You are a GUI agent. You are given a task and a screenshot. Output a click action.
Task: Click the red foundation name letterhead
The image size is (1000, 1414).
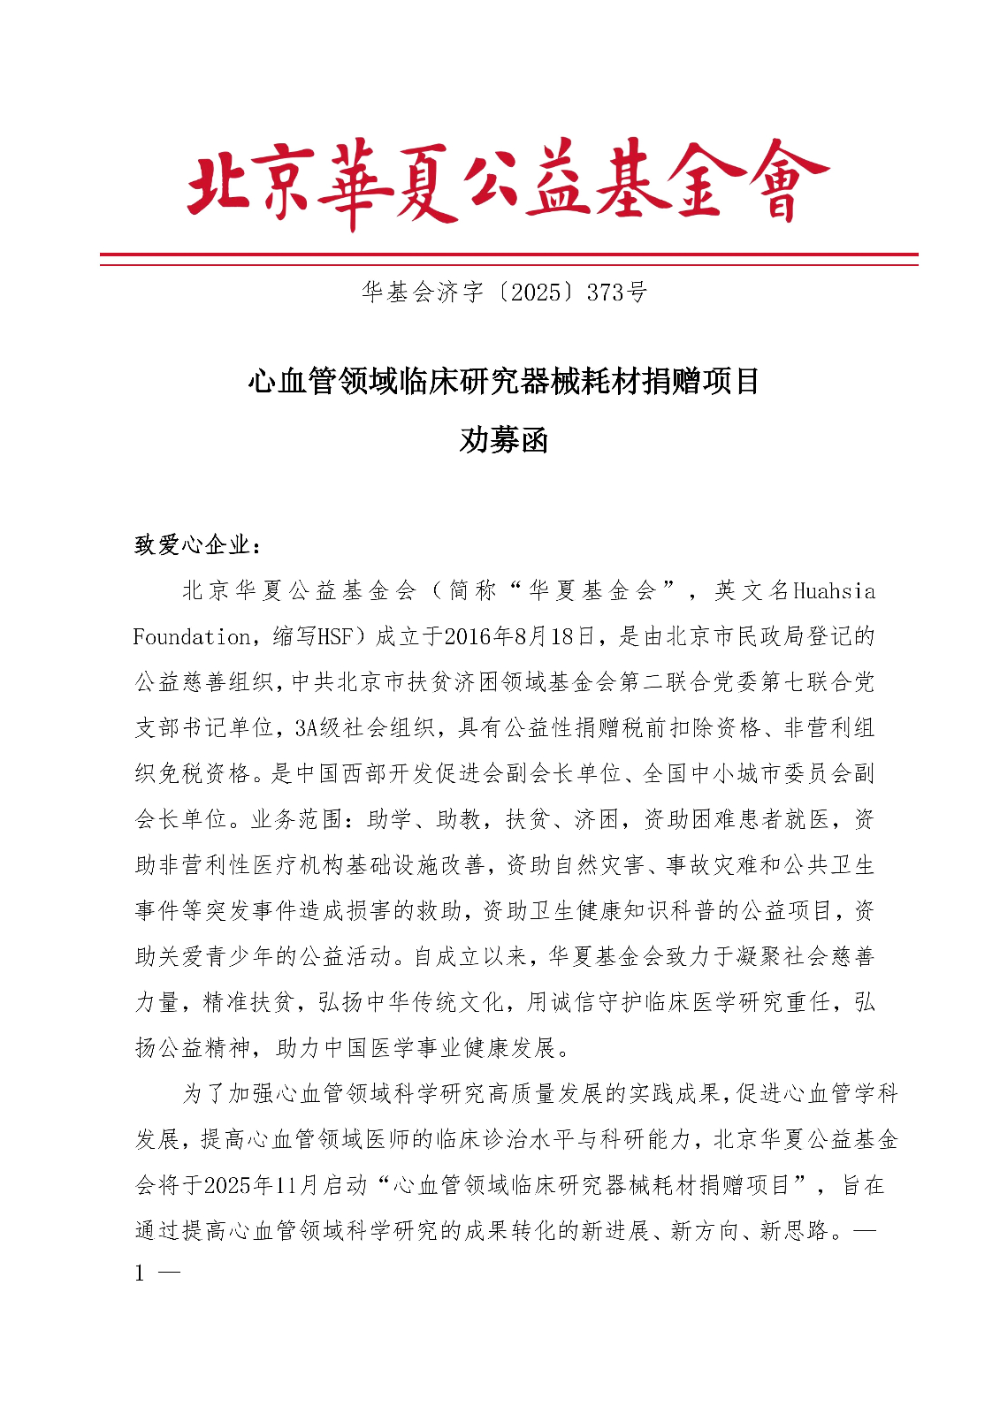[508, 183]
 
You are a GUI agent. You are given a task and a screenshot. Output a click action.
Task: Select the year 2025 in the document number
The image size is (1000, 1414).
[536, 292]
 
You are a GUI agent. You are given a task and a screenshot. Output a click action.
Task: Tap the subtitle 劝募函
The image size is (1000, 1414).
[504, 439]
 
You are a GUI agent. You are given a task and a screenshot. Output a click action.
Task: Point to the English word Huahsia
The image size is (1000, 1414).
[834, 590]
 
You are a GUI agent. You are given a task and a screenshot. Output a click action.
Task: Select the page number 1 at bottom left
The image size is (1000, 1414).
[140, 1273]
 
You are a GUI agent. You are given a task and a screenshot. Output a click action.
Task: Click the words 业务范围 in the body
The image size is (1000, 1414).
[296, 819]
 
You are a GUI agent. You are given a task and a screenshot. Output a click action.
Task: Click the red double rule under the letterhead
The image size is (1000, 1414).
[508, 259]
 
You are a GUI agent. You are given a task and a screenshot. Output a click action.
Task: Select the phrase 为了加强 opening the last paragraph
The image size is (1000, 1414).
[228, 1093]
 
